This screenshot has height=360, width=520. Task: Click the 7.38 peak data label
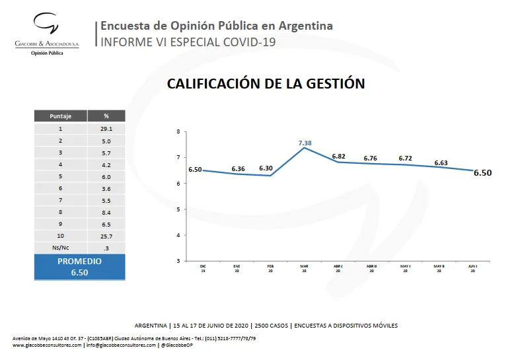click(304, 143)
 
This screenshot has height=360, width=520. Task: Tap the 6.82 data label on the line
click(338, 157)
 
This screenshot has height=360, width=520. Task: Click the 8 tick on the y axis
click(178, 131)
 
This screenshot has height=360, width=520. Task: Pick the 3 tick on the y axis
click(178, 260)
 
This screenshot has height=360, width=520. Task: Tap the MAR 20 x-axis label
click(304, 268)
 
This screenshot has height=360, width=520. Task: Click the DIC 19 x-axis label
click(203, 268)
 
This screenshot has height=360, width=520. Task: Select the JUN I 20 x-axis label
click(472, 268)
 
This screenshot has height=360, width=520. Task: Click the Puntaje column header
click(60, 116)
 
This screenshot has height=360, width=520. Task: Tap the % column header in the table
click(106, 116)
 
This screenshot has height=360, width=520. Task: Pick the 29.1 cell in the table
click(106, 129)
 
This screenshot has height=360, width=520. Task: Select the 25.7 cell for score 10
click(106, 236)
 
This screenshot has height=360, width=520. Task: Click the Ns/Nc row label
click(60, 247)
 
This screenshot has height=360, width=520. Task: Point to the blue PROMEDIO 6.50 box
click(79, 266)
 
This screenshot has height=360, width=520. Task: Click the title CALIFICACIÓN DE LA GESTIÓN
click(266, 84)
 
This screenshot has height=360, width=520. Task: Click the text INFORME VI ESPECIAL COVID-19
click(186, 42)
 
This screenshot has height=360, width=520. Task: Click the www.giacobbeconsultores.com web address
click(47, 345)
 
